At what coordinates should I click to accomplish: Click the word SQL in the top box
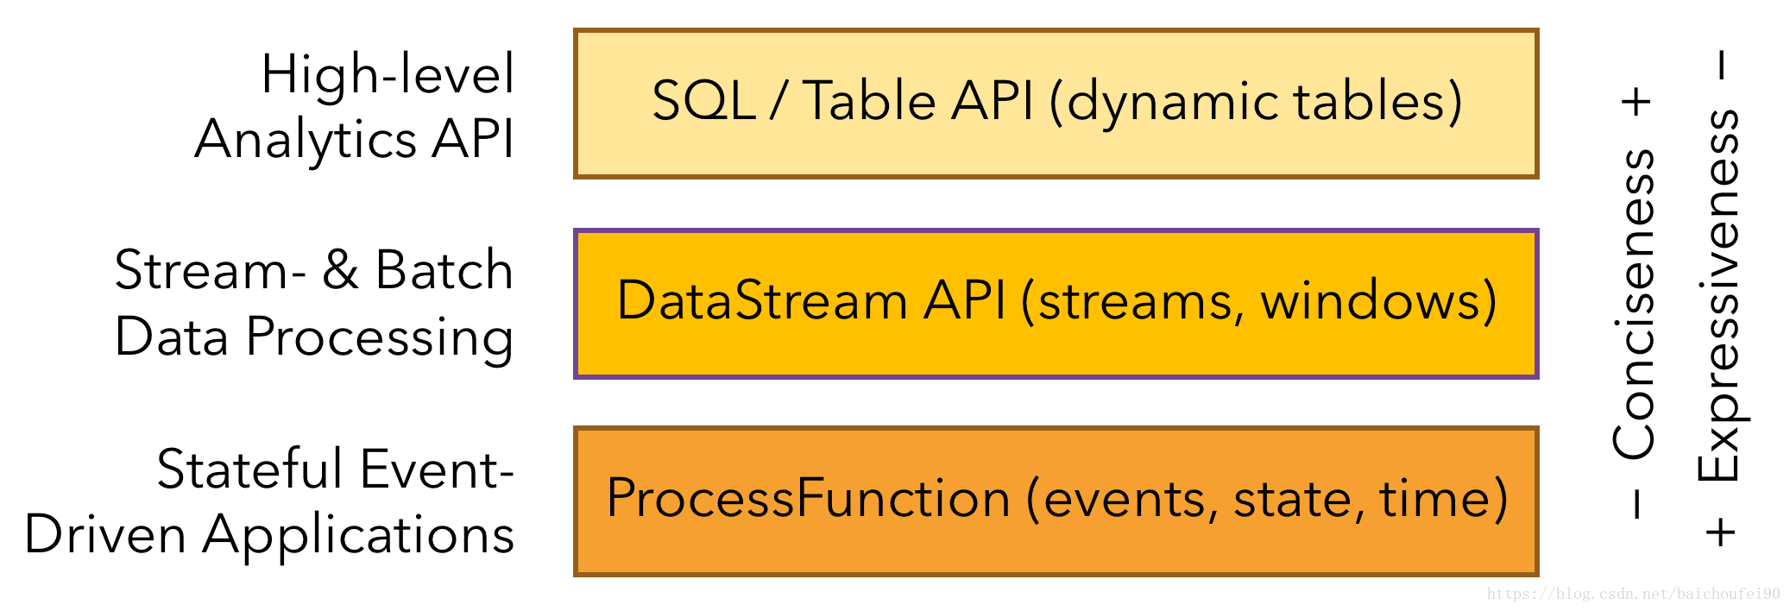(x=703, y=101)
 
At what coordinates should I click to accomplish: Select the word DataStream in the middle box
(x=762, y=301)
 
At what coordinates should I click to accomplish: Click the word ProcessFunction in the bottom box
(x=808, y=499)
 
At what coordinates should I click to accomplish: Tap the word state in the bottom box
(x=1292, y=499)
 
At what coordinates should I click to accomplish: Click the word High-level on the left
(x=388, y=74)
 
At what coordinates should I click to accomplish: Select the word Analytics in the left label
(x=306, y=140)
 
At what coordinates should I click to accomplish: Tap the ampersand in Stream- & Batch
(x=340, y=270)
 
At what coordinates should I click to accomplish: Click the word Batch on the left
(x=444, y=270)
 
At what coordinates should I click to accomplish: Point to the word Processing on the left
(x=380, y=337)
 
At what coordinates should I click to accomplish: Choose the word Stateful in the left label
(x=250, y=469)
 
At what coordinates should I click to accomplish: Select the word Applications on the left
(x=358, y=536)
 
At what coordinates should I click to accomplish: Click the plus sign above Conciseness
(x=1636, y=102)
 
